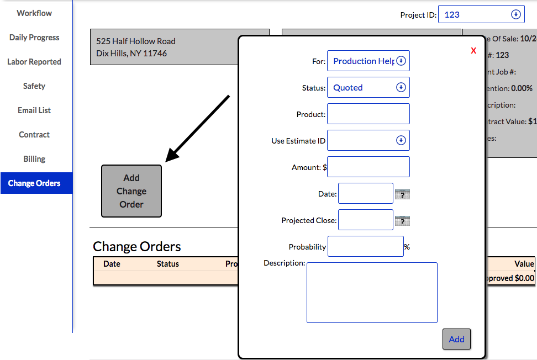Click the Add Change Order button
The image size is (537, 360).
pos(131,191)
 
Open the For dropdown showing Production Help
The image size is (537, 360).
pos(368,61)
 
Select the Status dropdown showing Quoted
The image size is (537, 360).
pos(368,88)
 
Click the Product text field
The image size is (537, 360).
pos(368,114)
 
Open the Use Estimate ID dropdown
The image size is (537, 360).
pos(368,141)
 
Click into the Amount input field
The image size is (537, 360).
pos(368,167)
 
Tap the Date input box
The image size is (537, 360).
pos(365,194)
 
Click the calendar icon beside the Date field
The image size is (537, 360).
pos(402,194)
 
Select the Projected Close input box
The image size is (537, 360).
pos(365,220)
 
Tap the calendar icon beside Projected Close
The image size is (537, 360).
pos(402,221)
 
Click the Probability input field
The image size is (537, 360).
pos(365,247)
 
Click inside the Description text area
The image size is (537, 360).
pos(372,293)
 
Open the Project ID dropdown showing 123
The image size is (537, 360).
pos(481,15)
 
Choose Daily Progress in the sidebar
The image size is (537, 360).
pos(34,38)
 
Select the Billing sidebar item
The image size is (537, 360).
pos(34,159)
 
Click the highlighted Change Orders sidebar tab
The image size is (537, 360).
pos(35,183)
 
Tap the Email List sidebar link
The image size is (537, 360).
pos(34,110)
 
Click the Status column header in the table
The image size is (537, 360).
pos(167,264)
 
